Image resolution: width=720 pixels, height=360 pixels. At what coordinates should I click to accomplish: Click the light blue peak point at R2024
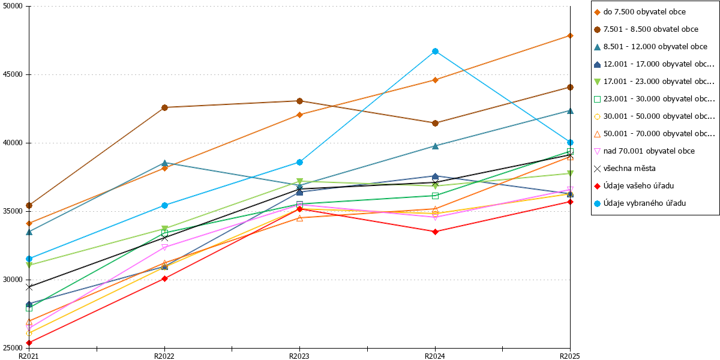tap(435, 52)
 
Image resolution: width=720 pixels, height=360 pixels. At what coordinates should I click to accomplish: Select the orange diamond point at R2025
tap(570, 35)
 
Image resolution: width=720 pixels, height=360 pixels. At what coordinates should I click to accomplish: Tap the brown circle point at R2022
tap(164, 107)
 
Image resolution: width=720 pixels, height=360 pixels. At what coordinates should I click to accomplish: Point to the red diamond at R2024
tap(435, 232)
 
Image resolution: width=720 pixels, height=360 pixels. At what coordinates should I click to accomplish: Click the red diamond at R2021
tap(29, 343)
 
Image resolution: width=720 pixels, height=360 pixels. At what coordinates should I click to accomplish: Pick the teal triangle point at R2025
tap(570, 111)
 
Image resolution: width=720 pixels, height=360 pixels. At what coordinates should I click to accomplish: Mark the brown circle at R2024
tap(435, 123)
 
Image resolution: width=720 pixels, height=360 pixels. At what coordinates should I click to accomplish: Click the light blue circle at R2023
tap(299, 163)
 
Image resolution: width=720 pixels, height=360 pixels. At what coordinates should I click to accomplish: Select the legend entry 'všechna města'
tap(629, 169)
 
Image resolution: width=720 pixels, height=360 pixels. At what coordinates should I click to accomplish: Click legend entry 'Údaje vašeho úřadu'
tap(638, 186)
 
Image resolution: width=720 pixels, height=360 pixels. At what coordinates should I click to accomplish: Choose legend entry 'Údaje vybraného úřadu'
tap(644, 203)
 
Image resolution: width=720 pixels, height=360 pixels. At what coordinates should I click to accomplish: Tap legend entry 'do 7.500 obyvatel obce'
tap(644, 12)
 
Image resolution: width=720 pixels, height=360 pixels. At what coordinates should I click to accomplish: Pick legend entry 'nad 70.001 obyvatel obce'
tap(649, 151)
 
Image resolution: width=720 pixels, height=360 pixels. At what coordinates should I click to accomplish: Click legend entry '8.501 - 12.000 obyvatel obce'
tap(655, 47)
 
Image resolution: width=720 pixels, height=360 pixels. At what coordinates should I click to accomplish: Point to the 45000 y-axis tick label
tap(13, 74)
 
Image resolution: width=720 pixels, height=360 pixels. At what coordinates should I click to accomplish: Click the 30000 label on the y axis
tap(13, 280)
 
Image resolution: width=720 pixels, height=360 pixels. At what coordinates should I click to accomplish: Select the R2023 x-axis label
tap(299, 356)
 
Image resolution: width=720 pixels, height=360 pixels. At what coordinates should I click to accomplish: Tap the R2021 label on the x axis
tap(29, 356)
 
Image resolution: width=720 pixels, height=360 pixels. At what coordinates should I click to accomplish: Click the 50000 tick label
tap(13, 6)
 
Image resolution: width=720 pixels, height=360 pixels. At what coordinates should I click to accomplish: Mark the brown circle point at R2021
tap(29, 205)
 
